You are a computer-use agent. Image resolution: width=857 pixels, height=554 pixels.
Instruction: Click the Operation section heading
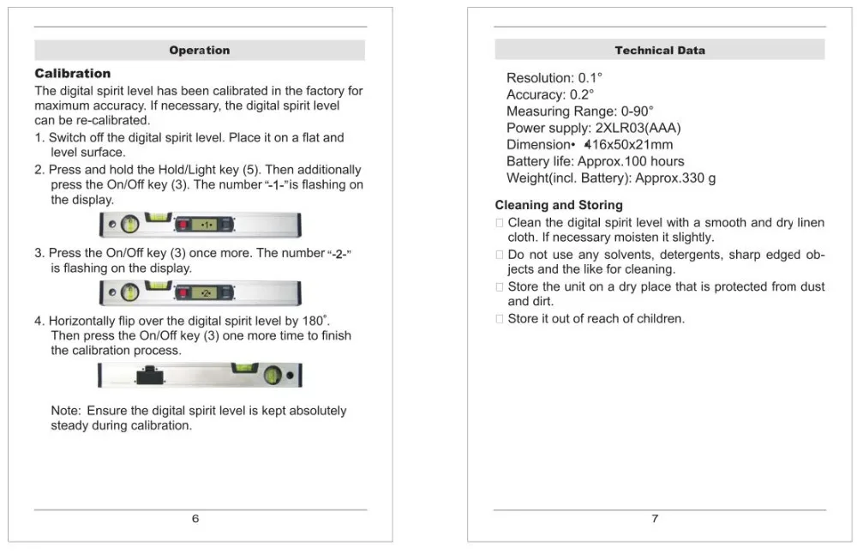(199, 51)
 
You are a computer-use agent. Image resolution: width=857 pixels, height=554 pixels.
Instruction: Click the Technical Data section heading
(660, 51)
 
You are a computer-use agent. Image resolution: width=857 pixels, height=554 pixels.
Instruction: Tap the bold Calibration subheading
(73, 74)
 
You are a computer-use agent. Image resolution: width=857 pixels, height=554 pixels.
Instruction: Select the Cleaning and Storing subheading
(559, 205)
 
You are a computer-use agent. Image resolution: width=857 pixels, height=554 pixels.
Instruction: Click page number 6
(195, 519)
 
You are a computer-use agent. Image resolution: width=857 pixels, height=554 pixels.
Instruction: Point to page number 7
(656, 519)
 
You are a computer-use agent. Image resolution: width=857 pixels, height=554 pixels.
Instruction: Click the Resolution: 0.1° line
(554, 78)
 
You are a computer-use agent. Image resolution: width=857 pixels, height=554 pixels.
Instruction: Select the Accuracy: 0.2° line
(549, 95)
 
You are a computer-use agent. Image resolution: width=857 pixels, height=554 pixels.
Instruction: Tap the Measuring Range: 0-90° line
(579, 111)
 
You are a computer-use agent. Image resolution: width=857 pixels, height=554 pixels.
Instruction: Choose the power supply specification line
(593, 129)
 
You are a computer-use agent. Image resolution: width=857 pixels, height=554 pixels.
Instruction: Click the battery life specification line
(595, 161)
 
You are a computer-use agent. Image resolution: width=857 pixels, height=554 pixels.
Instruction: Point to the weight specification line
(610, 178)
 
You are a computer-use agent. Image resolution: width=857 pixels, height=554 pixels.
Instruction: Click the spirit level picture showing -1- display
(201, 225)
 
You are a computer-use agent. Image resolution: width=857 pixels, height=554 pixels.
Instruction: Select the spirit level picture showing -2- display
(201, 293)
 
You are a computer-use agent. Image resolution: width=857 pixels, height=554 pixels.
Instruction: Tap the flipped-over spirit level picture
(201, 375)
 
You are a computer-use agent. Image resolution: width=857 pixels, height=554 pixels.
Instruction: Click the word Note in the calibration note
(66, 411)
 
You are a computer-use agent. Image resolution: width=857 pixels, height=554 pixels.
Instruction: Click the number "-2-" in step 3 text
(341, 254)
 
